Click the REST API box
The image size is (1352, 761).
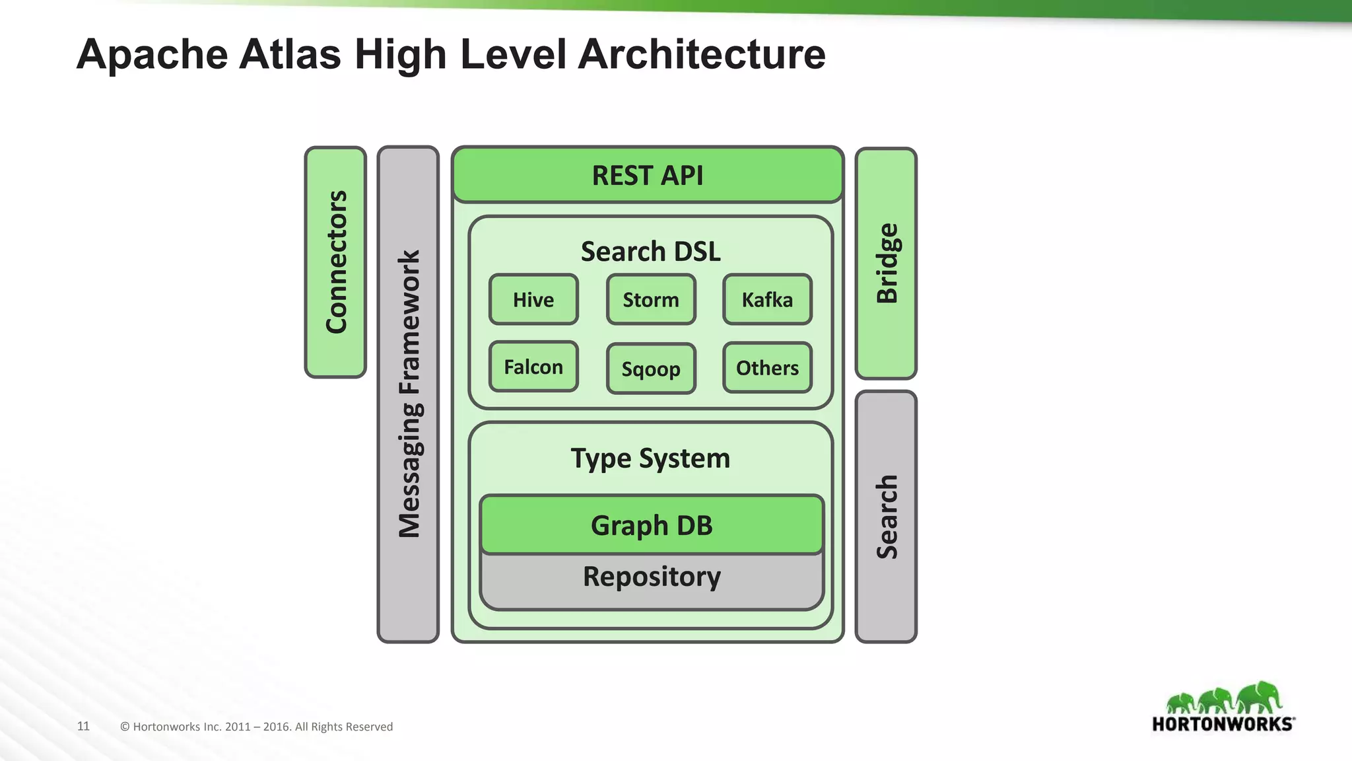[648, 175]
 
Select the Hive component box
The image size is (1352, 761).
[533, 299]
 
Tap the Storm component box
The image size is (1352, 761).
[651, 299]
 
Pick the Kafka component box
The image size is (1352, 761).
[767, 299]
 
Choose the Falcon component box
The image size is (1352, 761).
[533, 367]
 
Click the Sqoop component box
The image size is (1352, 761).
[651, 369]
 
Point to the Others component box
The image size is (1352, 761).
[767, 367]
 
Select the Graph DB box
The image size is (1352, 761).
[652, 525]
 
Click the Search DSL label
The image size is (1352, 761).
[650, 251]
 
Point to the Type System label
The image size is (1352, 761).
[650, 458]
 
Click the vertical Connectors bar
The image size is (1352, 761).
[335, 262]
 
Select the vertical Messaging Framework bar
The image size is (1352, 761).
[408, 394]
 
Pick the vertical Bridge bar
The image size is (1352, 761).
[886, 263]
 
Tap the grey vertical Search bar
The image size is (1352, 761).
[886, 517]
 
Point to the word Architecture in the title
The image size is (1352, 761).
[701, 54]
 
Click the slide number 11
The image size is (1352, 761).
[83, 726]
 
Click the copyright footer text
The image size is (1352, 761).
[256, 727]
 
